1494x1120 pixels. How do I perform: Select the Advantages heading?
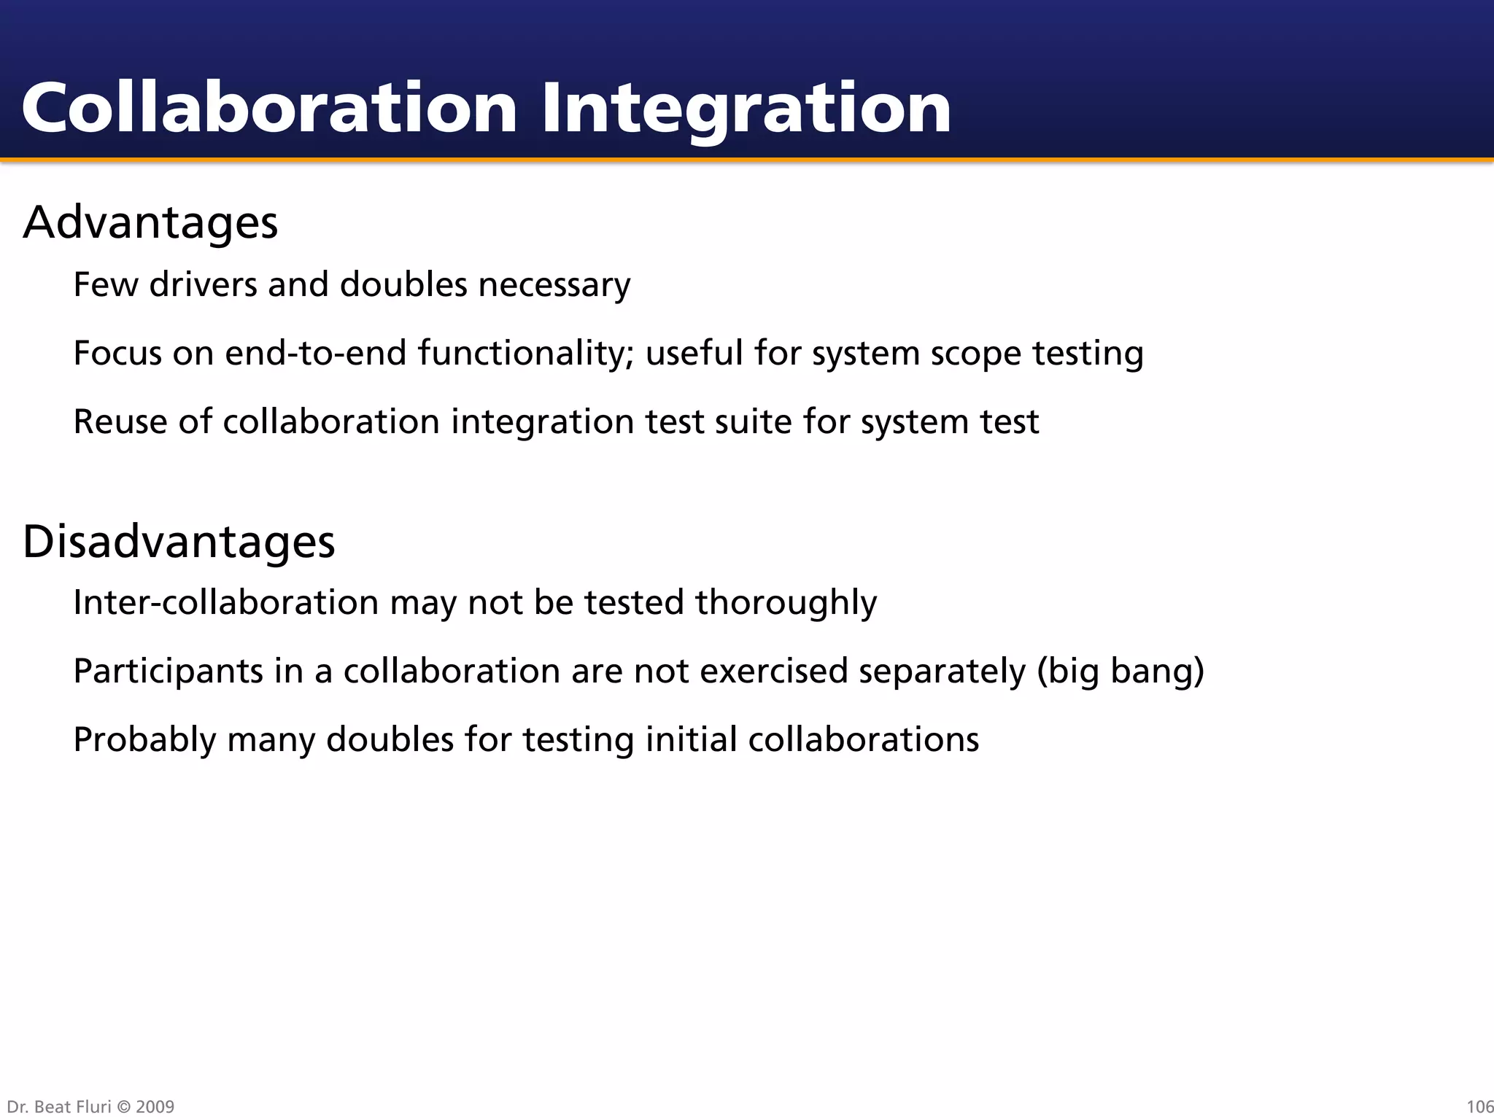pos(150,222)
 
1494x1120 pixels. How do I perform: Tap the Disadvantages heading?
pos(179,542)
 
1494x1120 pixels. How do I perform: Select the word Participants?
pos(168,672)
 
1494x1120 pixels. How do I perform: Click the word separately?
pos(942,672)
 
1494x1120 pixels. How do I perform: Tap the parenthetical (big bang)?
pos(1120,672)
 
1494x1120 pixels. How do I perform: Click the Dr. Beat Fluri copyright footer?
pos(90,1107)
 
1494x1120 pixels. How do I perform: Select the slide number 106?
pos(1479,1107)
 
